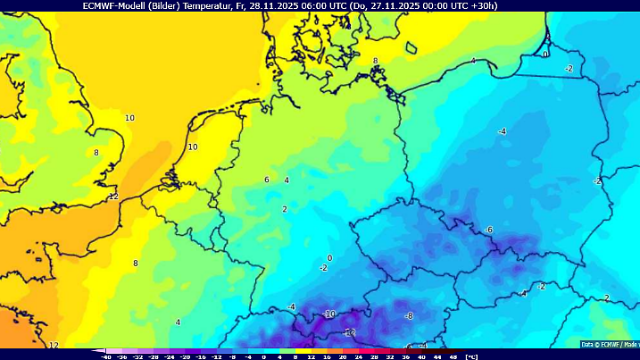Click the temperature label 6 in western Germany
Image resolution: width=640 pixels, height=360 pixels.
[x=267, y=180]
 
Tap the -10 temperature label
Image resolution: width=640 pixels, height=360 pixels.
[x=328, y=314]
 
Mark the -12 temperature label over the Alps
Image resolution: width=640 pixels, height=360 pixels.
[x=350, y=332]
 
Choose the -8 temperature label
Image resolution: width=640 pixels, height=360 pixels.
[x=409, y=316]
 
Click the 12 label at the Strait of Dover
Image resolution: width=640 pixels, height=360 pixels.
[x=113, y=197]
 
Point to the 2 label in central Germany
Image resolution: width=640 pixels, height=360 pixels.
[x=285, y=209]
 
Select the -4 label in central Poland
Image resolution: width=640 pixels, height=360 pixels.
[x=503, y=132]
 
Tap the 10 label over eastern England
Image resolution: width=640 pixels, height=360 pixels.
[x=129, y=118]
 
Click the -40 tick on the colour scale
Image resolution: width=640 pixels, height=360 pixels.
[x=106, y=356]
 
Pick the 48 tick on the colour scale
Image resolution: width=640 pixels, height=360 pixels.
[x=453, y=356]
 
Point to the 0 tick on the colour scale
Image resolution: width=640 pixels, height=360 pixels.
[x=264, y=356]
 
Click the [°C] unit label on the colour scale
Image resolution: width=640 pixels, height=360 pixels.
[x=472, y=356]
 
